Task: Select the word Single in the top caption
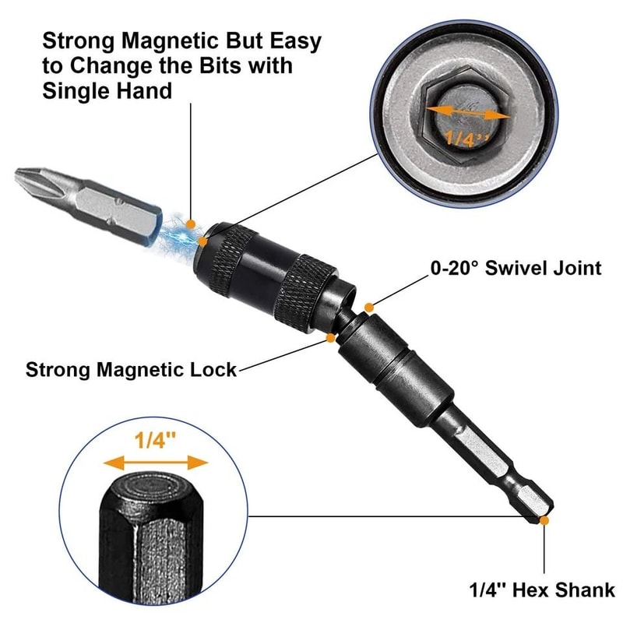click(77, 91)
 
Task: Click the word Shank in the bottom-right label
click(585, 590)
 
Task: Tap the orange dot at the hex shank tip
click(544, 519)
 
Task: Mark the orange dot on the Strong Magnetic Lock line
click(333, 338)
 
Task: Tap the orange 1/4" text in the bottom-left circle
click(156, 440)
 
